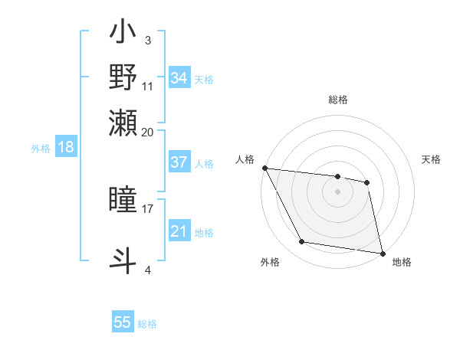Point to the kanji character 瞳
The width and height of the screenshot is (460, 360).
pos(123,200)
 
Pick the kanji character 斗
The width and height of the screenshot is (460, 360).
pos(123,258)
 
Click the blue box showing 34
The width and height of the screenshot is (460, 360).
pos(179,78)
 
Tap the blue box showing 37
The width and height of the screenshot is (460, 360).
pos(179,162)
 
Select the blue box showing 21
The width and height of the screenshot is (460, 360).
pos(179,231)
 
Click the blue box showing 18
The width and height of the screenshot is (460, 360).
pos(65,147)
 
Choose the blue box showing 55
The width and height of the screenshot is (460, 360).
pos(123,322)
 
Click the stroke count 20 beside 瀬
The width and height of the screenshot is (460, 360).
pos(148,131)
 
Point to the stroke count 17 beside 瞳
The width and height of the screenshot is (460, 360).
pos(148,207)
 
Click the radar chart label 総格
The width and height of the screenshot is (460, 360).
pos(337,100)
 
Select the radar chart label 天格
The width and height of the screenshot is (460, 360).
pos(431,159)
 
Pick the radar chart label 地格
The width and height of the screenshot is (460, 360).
pos(402,262)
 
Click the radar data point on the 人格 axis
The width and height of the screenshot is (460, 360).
pos(265,168)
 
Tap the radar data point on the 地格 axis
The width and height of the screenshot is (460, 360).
pos(382,253)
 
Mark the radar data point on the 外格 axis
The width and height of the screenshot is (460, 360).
pos(302,242)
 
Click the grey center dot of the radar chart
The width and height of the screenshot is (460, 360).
pos(337,191)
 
